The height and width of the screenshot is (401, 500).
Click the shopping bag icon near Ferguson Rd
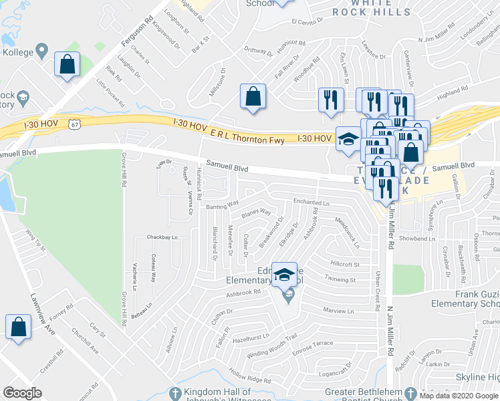pos(68,65)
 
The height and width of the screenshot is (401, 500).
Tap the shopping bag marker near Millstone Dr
pos(253,96)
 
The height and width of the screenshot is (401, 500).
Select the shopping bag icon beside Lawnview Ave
pos(18,327)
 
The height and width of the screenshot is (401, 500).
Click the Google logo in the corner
pos(22,393)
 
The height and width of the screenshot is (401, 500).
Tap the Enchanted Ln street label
pos(311,202)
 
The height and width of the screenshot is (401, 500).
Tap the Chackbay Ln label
pos(162,237)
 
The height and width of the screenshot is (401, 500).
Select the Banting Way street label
pos(222,203)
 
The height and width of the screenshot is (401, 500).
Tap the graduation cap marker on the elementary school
pos(284,275)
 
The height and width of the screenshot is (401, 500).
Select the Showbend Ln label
pos(416,239)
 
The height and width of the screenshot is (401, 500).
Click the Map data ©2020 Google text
pos(459,396)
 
